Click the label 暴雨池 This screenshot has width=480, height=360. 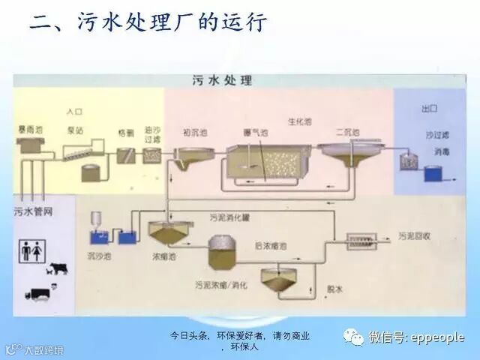pos(31,130)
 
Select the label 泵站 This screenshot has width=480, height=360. pos(75,130)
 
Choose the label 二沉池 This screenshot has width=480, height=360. pos(347,132)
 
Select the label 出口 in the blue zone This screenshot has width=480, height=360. pos(429,109)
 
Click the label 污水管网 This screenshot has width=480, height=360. pos(33,211)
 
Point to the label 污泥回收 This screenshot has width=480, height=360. pos(414,236)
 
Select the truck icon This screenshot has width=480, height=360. pos(37,293)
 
